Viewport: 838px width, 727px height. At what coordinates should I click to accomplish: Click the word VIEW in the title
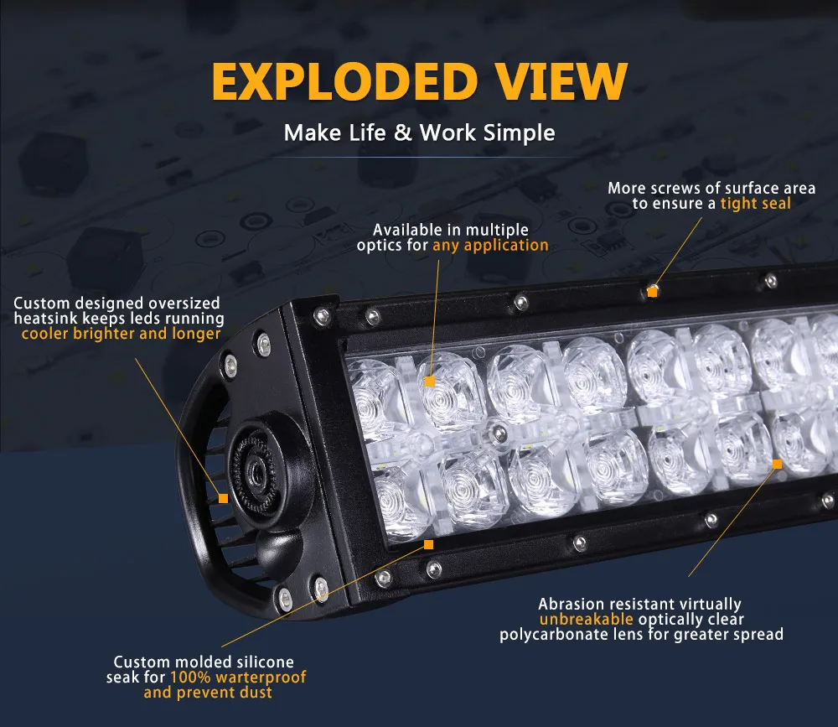click(554, 81)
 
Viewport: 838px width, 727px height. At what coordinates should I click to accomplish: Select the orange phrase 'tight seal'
click(755, 203)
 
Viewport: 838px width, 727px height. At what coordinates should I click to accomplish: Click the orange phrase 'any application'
click(490, 245)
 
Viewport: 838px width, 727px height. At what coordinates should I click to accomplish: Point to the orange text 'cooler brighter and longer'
click(121, 334)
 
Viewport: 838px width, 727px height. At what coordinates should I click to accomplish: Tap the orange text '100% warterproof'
click(238, 677)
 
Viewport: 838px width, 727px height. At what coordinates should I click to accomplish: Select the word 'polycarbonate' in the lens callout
click(551, 635)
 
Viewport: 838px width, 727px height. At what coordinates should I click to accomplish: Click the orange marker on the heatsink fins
click(223, 498)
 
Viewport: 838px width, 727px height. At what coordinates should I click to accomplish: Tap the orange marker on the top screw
click(652, 292)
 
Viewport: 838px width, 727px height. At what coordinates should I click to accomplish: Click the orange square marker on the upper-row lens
click(430, 382)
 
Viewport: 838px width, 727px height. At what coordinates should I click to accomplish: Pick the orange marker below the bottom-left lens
click(428, 544)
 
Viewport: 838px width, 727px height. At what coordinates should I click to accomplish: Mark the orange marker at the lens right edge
click(777, 463)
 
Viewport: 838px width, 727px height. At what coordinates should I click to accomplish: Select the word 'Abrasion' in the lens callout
click(570, 604)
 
